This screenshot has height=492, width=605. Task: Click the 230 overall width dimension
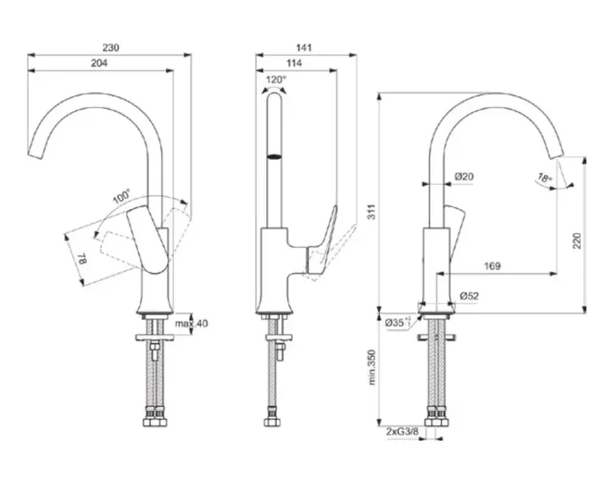tap(110, 48)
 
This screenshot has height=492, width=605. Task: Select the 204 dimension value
tap(99, 63)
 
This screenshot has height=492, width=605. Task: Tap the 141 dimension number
tap(304, 48)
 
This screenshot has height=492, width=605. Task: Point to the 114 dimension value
tap(294, 63)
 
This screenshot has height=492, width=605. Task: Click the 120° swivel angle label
tap(276, 80)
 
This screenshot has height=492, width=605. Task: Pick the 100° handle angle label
tap(122, 197)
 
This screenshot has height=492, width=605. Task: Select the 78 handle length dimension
tap(82, 259)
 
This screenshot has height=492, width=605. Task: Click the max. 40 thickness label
tap(191, 323)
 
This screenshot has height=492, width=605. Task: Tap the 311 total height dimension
tap(371, 212)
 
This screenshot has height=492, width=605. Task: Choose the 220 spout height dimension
tap(576, 241)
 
